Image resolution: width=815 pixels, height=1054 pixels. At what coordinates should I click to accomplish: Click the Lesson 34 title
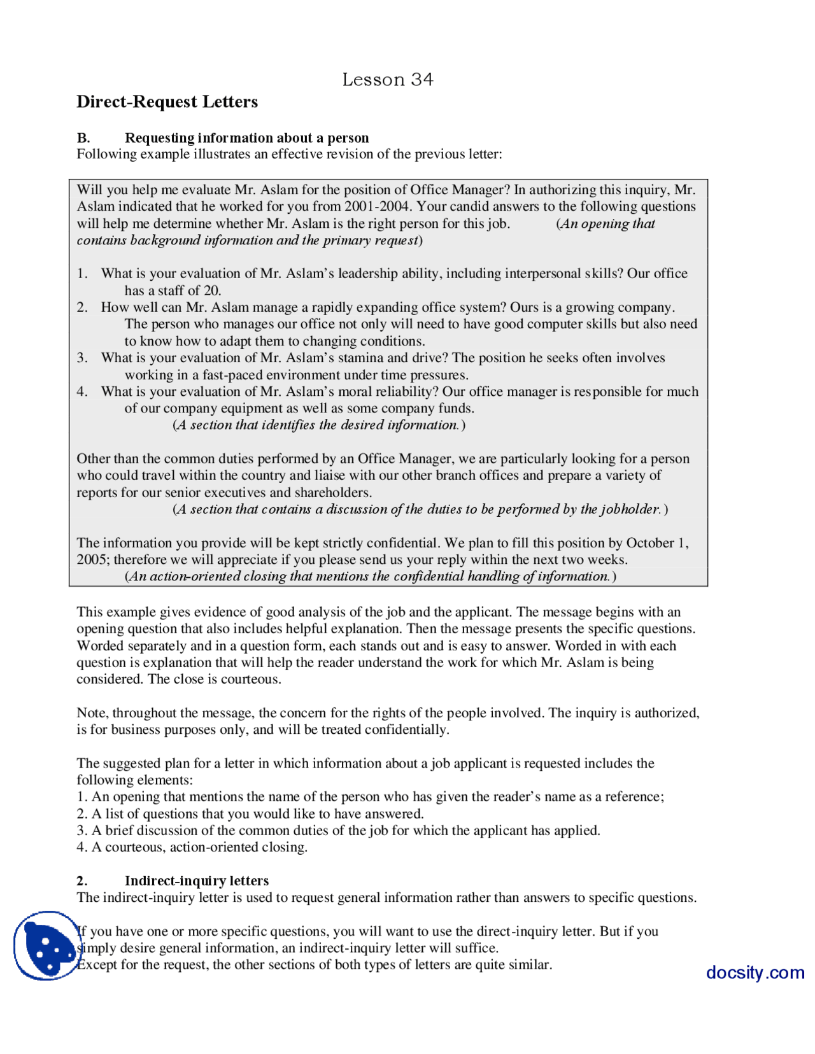coord(387,80)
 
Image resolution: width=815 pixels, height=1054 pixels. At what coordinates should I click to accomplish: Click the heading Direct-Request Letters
coord(167,102)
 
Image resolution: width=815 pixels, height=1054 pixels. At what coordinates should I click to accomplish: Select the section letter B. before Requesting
coord(83,138)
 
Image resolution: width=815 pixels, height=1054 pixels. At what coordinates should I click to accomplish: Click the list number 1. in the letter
coord(82,274)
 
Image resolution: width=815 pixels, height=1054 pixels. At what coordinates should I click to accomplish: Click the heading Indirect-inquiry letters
coord(197,881)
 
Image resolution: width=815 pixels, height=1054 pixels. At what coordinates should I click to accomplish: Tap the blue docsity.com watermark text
coord(755,973)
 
